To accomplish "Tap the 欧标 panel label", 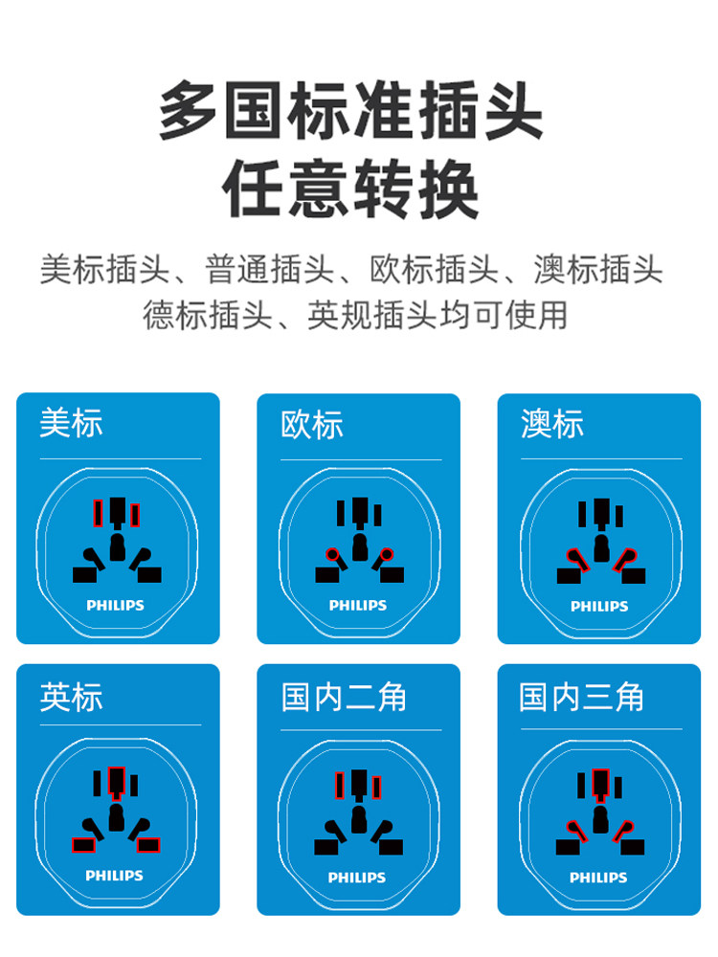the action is click(311, 424).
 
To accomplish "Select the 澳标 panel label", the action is click(552, 424).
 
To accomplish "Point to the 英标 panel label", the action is click(71, 697).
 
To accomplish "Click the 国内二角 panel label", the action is click(344, 697).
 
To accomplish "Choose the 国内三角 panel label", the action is click(582, 697).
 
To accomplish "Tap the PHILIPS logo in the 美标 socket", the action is click(116, 606).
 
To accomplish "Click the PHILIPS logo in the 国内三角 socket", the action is click(598, 878).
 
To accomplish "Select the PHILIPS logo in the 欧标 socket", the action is click(358, 606).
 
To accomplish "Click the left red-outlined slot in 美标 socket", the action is click(98, 513).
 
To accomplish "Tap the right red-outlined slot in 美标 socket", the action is click(135, 515).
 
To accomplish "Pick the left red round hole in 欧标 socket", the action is click(332, 555).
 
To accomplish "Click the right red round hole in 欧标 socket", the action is click(387, 555).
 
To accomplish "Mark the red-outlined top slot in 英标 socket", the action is click(116, 782).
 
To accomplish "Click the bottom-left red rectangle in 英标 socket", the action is click(83, 845).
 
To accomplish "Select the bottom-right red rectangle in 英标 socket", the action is click(148, 845).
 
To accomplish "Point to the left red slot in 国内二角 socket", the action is click(340, 785).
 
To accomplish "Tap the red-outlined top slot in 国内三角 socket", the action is click(601, 783).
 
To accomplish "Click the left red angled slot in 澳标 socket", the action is click(577, 560).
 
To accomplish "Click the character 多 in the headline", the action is click(189, 110).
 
